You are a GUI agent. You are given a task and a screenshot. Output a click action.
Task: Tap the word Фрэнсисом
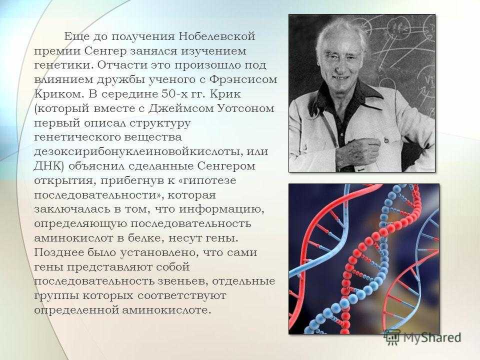[243, 79]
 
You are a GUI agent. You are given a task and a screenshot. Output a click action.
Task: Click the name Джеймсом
[180, 109]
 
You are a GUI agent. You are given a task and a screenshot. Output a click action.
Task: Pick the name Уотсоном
[245, 108]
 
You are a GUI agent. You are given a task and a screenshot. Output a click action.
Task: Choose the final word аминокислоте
[166, 310]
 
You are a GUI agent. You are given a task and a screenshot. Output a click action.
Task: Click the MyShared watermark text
[432, 337]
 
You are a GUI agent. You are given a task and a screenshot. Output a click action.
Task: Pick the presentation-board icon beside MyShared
[392, 337]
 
